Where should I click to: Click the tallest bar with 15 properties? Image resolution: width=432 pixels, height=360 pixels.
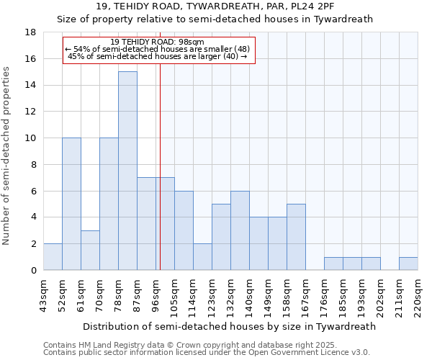(x=127, y=171)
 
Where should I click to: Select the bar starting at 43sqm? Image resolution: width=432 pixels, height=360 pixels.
(x=53, y=257)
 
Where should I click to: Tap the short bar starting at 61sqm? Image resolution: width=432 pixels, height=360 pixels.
(x=90, y=250)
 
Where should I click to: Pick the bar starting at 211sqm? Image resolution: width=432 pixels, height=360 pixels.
(x=408, y=264)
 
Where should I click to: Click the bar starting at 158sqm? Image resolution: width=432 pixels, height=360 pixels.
(x=296, y=237)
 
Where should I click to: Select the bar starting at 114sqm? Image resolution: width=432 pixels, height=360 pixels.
(x=202, y=257)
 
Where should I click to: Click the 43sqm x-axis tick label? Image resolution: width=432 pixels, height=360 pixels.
(x=43, y=294)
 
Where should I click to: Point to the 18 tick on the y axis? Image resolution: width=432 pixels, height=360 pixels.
(x=31, y=32)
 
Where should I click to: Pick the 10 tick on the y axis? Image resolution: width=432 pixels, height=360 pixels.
(x=31, y=138)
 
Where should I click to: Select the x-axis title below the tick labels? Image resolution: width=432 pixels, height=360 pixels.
(x=230, y=326)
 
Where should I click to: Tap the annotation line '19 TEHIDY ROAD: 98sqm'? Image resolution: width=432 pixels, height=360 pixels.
(x=158, y=42)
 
